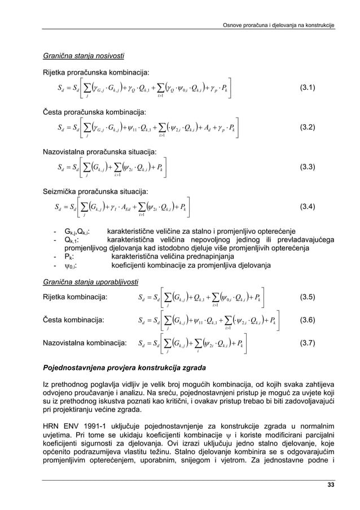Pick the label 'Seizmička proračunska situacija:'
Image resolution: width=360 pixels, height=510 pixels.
pos(92,191)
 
